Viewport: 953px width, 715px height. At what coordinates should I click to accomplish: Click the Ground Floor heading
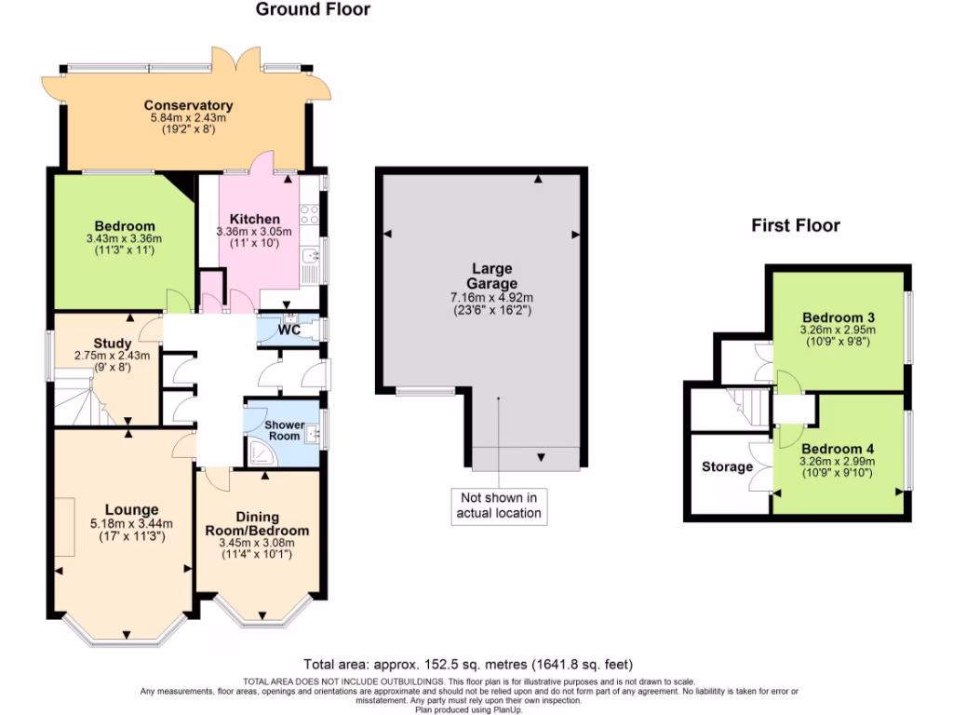point(313,10)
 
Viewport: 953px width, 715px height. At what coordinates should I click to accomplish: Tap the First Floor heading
point(796,225)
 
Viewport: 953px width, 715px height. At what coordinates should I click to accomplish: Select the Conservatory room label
point(189,105)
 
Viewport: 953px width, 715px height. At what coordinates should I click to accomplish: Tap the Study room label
point(112,344)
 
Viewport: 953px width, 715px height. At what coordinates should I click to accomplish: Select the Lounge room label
point(131,509)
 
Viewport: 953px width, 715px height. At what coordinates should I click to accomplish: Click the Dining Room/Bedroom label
point(257,523)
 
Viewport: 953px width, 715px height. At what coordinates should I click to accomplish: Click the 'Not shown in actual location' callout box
point(498,505)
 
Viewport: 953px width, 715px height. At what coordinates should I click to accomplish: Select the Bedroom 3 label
point(837,317)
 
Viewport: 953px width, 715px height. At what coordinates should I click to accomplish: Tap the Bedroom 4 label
point(838,447)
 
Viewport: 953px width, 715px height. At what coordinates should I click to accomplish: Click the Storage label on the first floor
point(727,466)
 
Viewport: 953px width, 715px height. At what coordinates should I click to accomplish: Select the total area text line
point(468,664)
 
